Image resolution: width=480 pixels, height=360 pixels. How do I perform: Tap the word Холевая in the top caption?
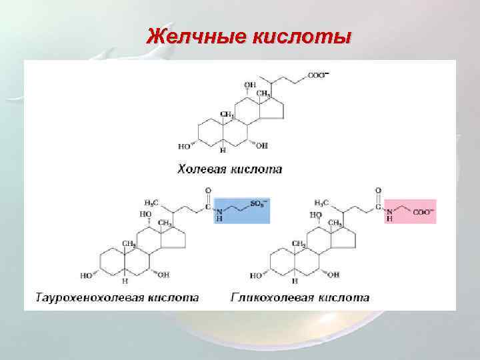click(x=202, y=169)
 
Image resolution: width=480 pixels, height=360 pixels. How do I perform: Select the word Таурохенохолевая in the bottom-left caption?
click(x=86, y=297)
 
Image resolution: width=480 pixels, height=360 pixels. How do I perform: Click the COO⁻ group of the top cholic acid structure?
click(x=317, y=75)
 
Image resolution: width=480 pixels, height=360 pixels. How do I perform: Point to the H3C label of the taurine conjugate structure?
click(x=152, y=203)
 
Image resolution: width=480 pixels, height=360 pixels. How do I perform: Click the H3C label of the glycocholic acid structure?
click(x=321, y=203)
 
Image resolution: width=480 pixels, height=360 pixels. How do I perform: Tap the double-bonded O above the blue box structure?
click(x=208, y=190)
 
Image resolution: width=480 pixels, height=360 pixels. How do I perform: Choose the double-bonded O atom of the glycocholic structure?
click(x=379, y=190)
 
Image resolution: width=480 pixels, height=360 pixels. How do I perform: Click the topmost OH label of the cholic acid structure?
click(x=250, y=85)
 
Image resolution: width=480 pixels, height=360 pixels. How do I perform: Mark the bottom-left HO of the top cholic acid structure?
click(x=184, y=146)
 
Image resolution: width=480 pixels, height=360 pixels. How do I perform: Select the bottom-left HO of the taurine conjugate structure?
click(x=87, y=275)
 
